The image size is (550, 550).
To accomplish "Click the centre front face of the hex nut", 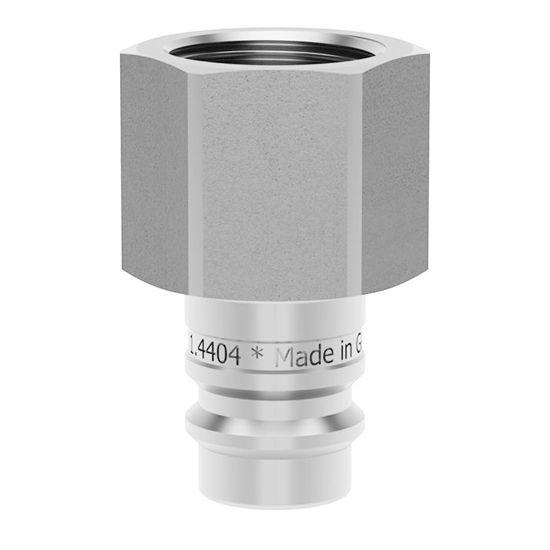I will tap(275, 181).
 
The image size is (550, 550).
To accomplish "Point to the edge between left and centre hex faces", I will tap(192, 181).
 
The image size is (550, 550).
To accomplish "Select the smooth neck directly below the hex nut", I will tap(275, 314).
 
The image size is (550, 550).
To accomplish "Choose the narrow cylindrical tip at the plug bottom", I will tap(275, 471).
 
